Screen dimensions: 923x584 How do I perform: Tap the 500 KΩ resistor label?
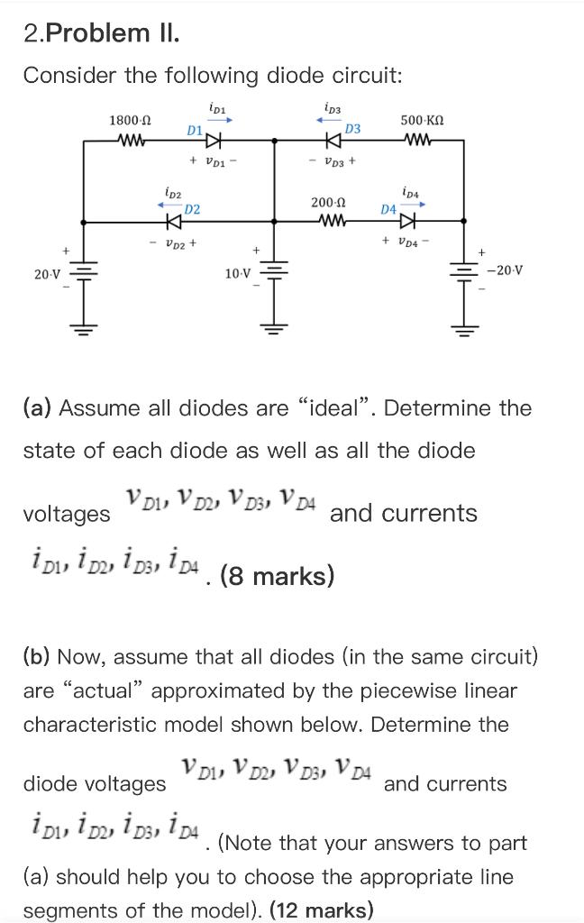422,120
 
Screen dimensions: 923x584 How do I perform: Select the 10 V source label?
239,271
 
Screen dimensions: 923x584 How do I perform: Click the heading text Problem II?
113,33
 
